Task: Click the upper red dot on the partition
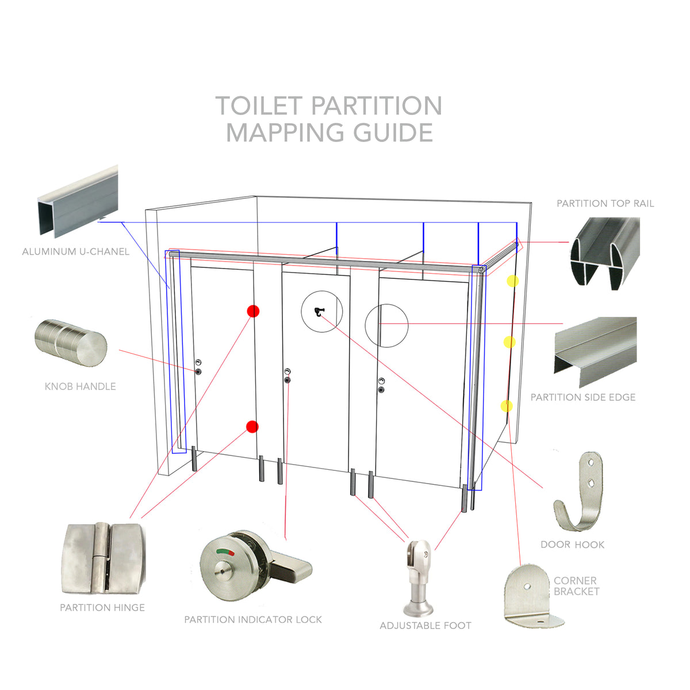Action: (x=253, y=311)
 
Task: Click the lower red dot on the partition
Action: (x=252, y=427)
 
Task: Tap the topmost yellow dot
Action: (x=512, y=281)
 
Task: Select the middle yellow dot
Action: (x=509, y=343)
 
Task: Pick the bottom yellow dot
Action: (x=507, y=406)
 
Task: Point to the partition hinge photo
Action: (x=102, y=559)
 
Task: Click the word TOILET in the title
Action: (x=259, y=106)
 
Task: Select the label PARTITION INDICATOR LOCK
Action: (x=253, y=620)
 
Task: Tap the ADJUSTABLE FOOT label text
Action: (x=425, y=626)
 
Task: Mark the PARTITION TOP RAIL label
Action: (x=605, y=204)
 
